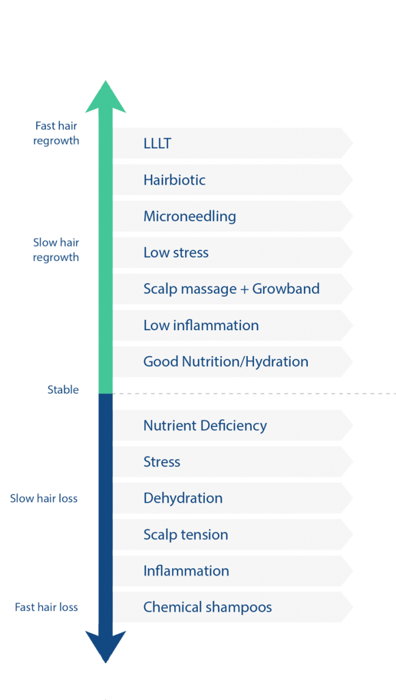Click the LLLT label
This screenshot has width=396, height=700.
coord(158,144)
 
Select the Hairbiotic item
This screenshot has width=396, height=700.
coord(174,180)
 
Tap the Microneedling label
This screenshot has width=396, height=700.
coord(190,217)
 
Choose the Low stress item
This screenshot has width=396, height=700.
coord(175,253)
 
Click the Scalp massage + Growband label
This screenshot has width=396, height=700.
coord(231,289)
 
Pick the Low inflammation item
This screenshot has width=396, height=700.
coord(201,325)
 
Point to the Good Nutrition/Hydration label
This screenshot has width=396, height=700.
coord(225,362)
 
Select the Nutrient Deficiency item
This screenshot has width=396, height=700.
coord(205,426)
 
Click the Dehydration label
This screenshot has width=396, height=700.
coord(183,498)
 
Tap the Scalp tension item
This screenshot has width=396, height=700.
coord(186,535)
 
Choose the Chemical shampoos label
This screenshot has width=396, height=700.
coord(208,608)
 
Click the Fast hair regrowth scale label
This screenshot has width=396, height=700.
coord(56,133)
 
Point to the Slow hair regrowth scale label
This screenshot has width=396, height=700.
coord(56,250)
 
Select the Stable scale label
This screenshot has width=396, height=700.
coord(63,390)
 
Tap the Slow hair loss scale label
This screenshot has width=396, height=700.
coord(44,498)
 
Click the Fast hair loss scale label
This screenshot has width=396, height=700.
coord(46,607)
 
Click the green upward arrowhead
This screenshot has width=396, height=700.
coord(105,97)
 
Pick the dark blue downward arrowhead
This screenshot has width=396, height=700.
coord(105,647)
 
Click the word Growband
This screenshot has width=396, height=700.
coord(286,289)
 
